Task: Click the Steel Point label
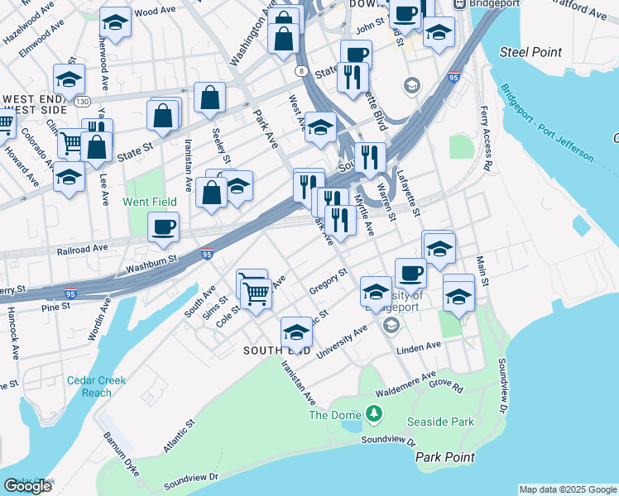coord(531,52)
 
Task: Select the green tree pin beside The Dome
coord(376,413)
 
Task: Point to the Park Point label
coord(445,457)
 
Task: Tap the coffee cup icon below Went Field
coord(164,226)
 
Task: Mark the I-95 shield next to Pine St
coord(72,293)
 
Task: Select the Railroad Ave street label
coord(83,248)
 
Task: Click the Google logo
coord(27,486)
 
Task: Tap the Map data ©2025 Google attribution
coord(567,489)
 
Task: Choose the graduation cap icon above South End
coord(296,331)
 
